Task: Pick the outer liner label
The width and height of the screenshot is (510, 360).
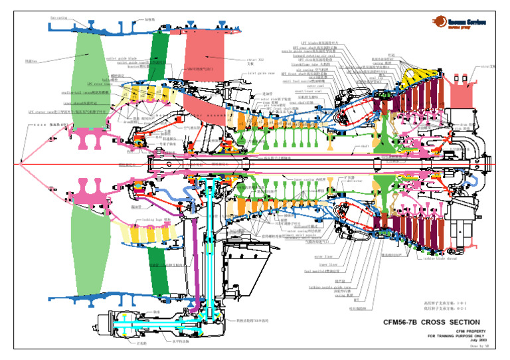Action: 323,256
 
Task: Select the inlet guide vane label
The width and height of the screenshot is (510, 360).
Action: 261,74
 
